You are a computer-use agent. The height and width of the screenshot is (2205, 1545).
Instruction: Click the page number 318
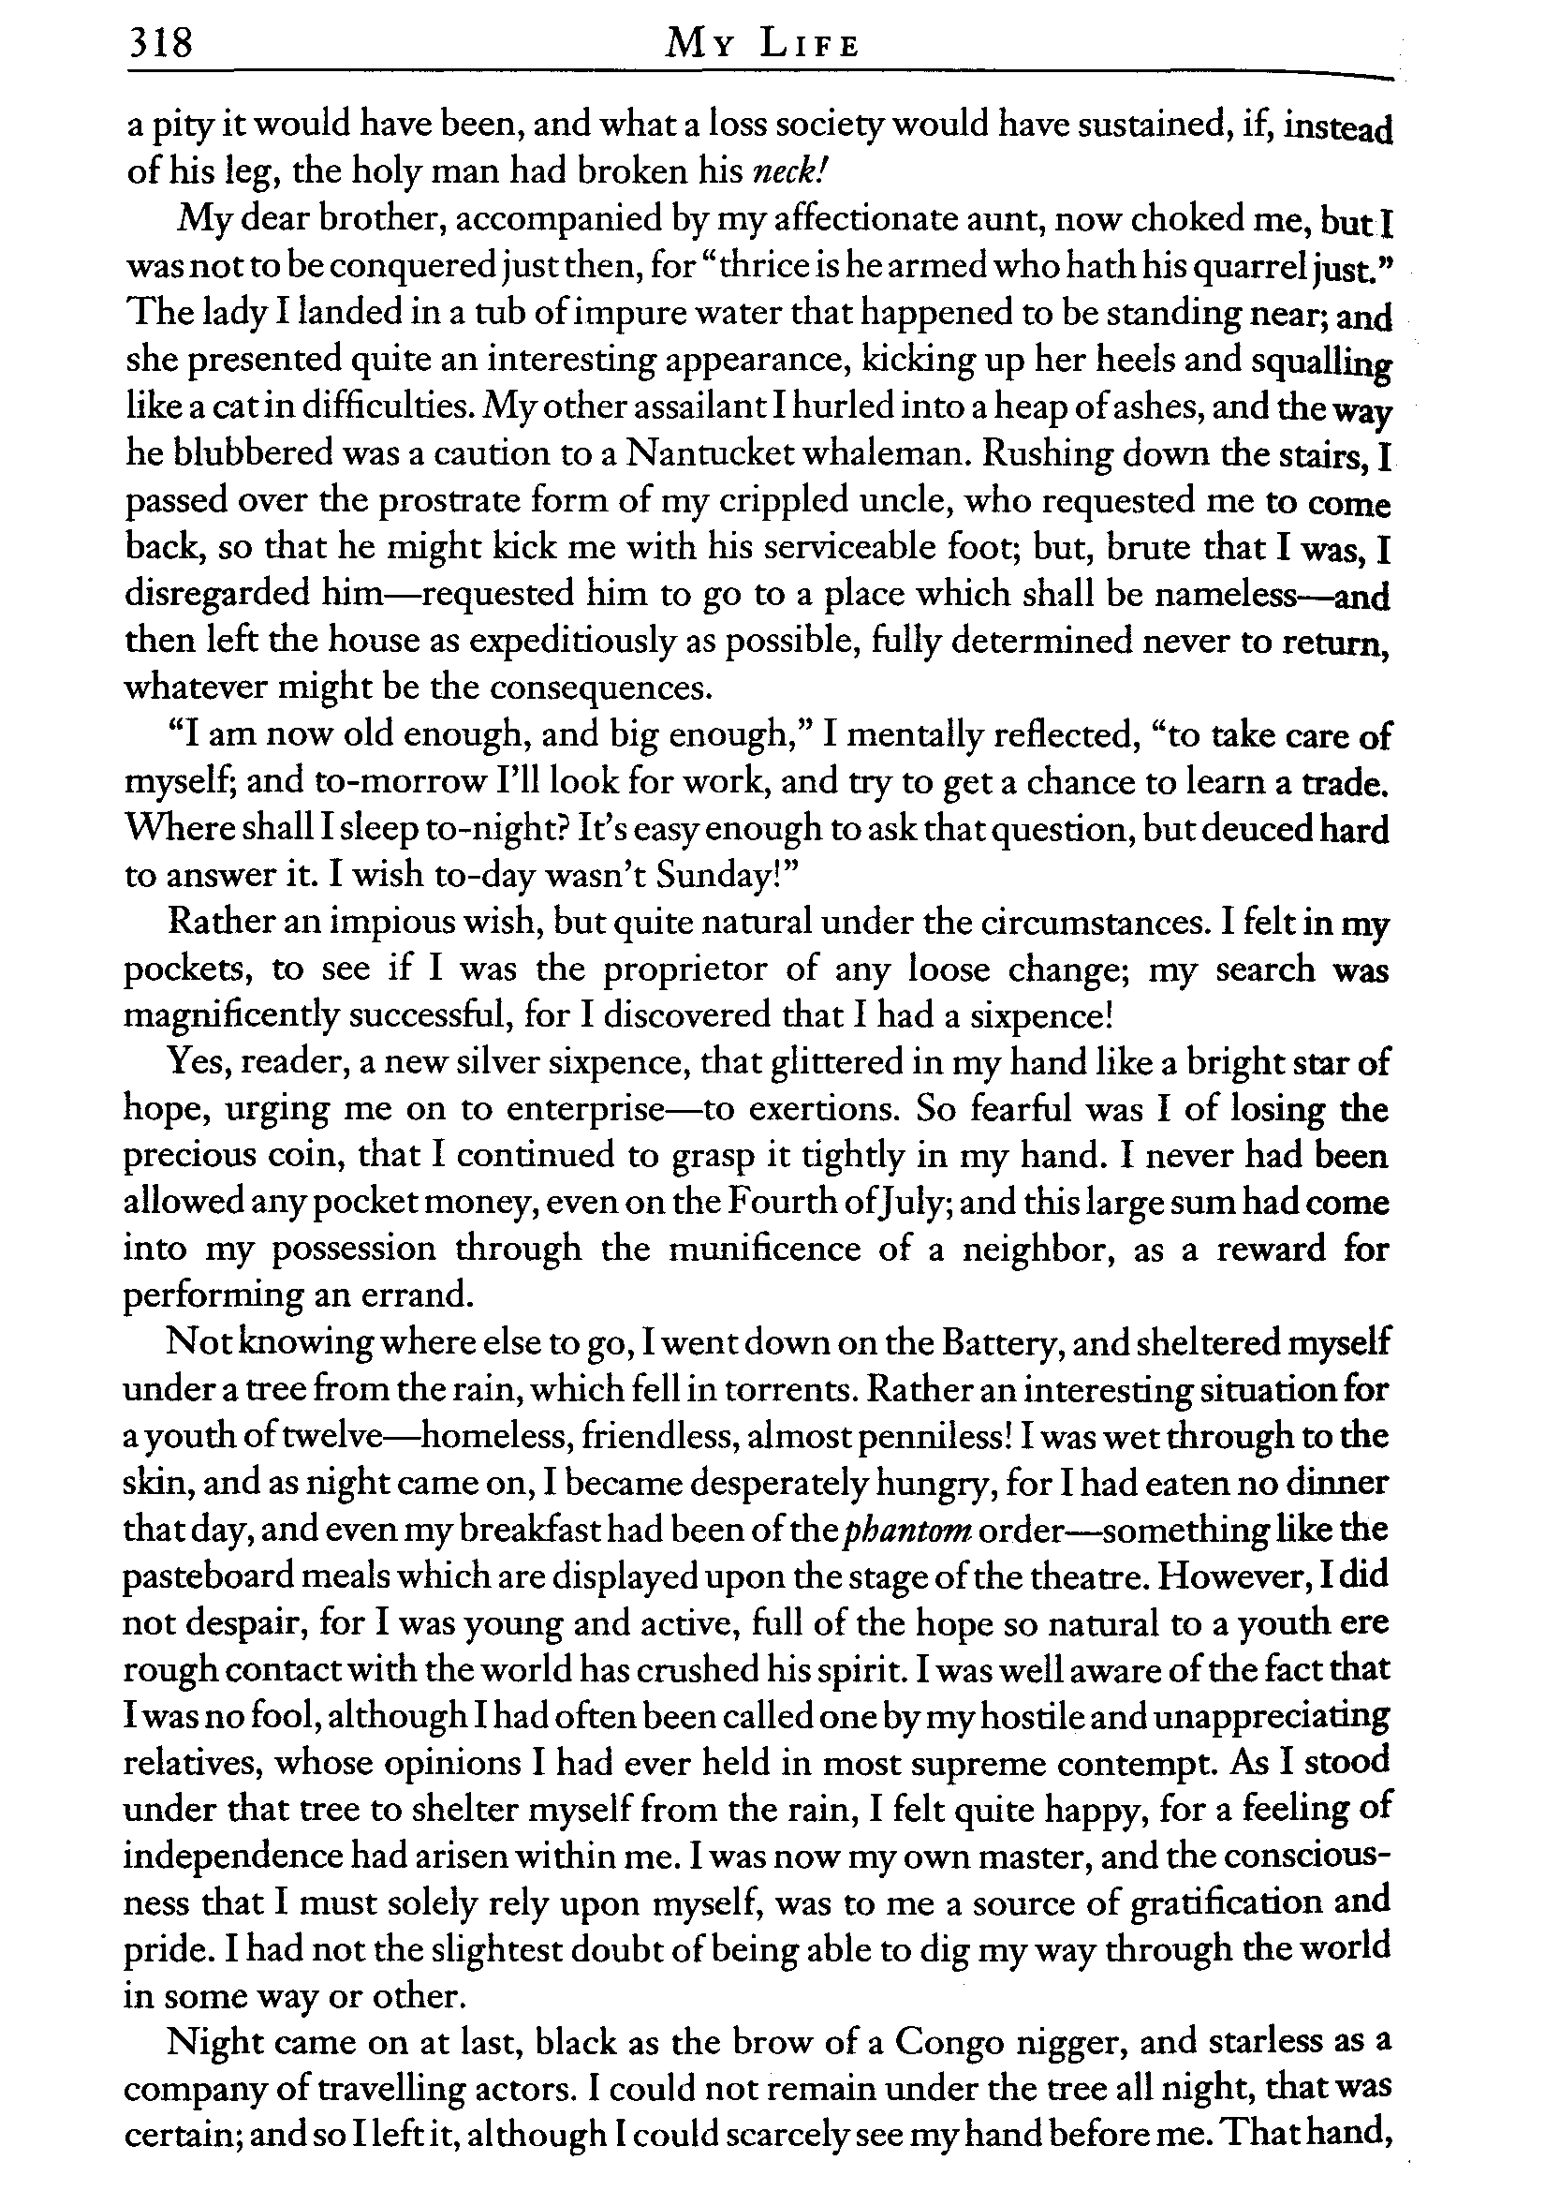click(160, 44)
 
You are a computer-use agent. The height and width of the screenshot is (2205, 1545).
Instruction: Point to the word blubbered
click(254, 453)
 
